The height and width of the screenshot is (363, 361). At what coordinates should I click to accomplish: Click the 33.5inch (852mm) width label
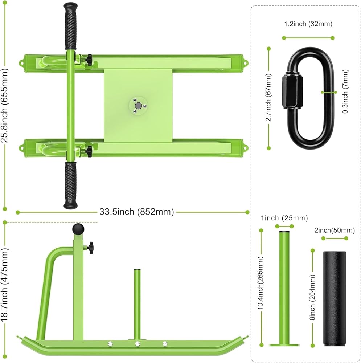(x=136, y=212)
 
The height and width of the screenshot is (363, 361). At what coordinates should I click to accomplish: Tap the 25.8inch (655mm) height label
(x=5, y=106)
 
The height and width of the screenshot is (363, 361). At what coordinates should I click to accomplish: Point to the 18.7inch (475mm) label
(x=4, y=285)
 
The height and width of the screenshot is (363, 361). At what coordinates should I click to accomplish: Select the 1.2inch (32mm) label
(x=308, y=24)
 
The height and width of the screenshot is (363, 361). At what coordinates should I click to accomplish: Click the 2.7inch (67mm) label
(x=268, y=97)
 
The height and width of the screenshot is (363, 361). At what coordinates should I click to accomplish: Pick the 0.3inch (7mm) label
(x=345, y=91)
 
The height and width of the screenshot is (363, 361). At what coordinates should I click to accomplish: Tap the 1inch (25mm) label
(x=284, y=218)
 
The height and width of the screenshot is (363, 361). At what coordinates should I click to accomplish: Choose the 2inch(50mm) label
(x=335, y=231)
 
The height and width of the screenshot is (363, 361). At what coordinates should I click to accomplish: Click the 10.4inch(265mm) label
(x=261, y=283)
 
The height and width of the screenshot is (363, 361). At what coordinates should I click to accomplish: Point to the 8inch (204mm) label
(x=312, y=298)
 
